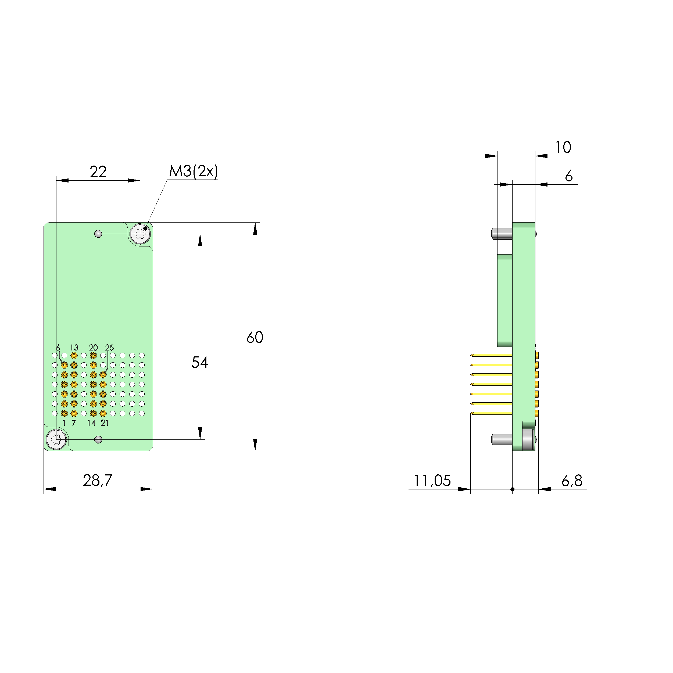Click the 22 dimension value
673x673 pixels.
pyautogui.click(x=98, y=172)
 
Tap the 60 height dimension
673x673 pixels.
pyautogui.click(x=255, y=337)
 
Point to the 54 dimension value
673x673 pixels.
pyautogui.click(x=200, y=362)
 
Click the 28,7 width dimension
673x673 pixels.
pyautogui.click(x=98, y=480)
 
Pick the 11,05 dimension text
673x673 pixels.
pyautogui.click(x=432, y=481)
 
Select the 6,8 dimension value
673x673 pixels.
pyautogui.click(x=572, y=481)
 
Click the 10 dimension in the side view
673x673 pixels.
pyautogui.click(x=563, y=147)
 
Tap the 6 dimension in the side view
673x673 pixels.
pyautogui.click(x=568, y=176)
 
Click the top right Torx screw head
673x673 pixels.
pyautogui.click(x=140, y=233)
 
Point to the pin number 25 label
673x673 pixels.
pyautogui.click(x=109, y=348)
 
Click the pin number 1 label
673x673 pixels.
pyautogui.click(x=64, y=423)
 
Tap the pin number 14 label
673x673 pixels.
pyautogui.click(x=91, y=423)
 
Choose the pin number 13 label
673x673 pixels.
pyautogui.click(x=74, y=348)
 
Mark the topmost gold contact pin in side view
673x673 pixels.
pyautogui.click(x=491, y=355)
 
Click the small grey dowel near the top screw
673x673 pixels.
pyautogui.click(x=98, y=234)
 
